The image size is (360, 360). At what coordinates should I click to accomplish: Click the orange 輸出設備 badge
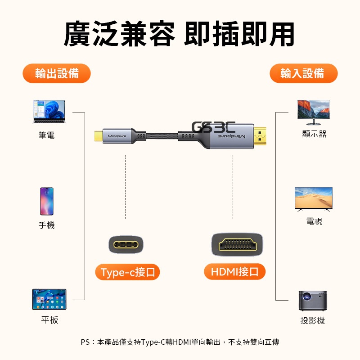(x=57, y=73)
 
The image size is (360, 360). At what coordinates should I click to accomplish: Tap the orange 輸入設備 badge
(x=303, y=73)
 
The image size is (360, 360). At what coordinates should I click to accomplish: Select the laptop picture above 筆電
(x=49, y=111)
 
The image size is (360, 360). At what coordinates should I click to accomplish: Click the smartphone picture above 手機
(x=47, y=201)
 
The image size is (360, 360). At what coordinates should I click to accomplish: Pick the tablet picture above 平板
(x=49, y=299)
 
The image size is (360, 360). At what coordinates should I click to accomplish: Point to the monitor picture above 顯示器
(x=313, y=112)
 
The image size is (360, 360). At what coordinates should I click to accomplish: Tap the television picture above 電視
(x=313, y=199)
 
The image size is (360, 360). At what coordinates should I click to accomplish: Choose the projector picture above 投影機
(x=313, y=301)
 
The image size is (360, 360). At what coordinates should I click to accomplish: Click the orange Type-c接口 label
(x=127, y=272)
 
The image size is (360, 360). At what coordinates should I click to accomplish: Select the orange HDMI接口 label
(x=234, y=272)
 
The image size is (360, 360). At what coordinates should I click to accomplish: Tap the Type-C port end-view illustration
(x=126, y=245)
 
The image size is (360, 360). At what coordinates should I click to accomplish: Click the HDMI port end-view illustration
(x=237, y=244)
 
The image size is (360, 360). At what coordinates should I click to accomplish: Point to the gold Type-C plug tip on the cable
(x=98, y=136)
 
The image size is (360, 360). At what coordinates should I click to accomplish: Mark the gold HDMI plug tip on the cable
(x=260, y=136)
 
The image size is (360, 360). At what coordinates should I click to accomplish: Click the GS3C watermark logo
(x=213, y=127)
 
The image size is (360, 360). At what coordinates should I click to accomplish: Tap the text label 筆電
(x=47, y=135)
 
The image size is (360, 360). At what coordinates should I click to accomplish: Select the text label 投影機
(x=313, y=320)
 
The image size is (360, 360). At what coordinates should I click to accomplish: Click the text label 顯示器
(x=314, y=134)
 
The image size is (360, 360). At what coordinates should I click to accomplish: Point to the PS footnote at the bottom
(x=180, y=342)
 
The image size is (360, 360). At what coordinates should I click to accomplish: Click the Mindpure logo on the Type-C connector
(x=117, y=136)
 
